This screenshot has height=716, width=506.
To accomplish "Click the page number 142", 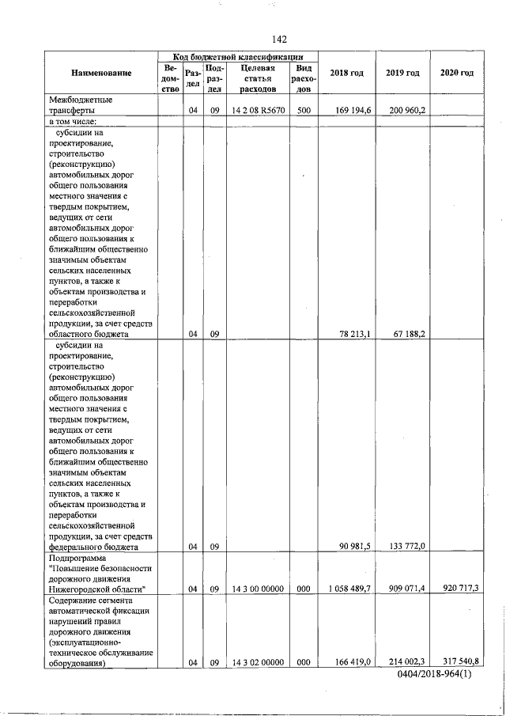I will (x=278, y=40).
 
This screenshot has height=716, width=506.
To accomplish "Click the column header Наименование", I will (x=102, y=74).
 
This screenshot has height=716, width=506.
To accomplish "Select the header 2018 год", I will (x=346, y=74).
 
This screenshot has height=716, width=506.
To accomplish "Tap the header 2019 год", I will (x=402, y=74).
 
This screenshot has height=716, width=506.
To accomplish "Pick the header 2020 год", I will (x=457, y=74).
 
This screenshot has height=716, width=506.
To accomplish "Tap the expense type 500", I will (x=304, y=111).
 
